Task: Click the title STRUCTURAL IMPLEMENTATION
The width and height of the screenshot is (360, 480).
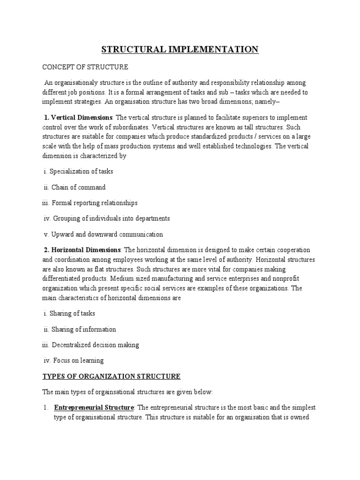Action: coord(180,49)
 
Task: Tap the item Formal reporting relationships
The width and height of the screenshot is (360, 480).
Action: coord(95,203)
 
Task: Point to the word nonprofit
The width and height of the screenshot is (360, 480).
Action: coord(291,279)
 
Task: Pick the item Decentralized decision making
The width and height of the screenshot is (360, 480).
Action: coord(95,345)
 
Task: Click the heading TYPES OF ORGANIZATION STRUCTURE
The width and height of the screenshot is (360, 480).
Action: coord(112,376)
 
